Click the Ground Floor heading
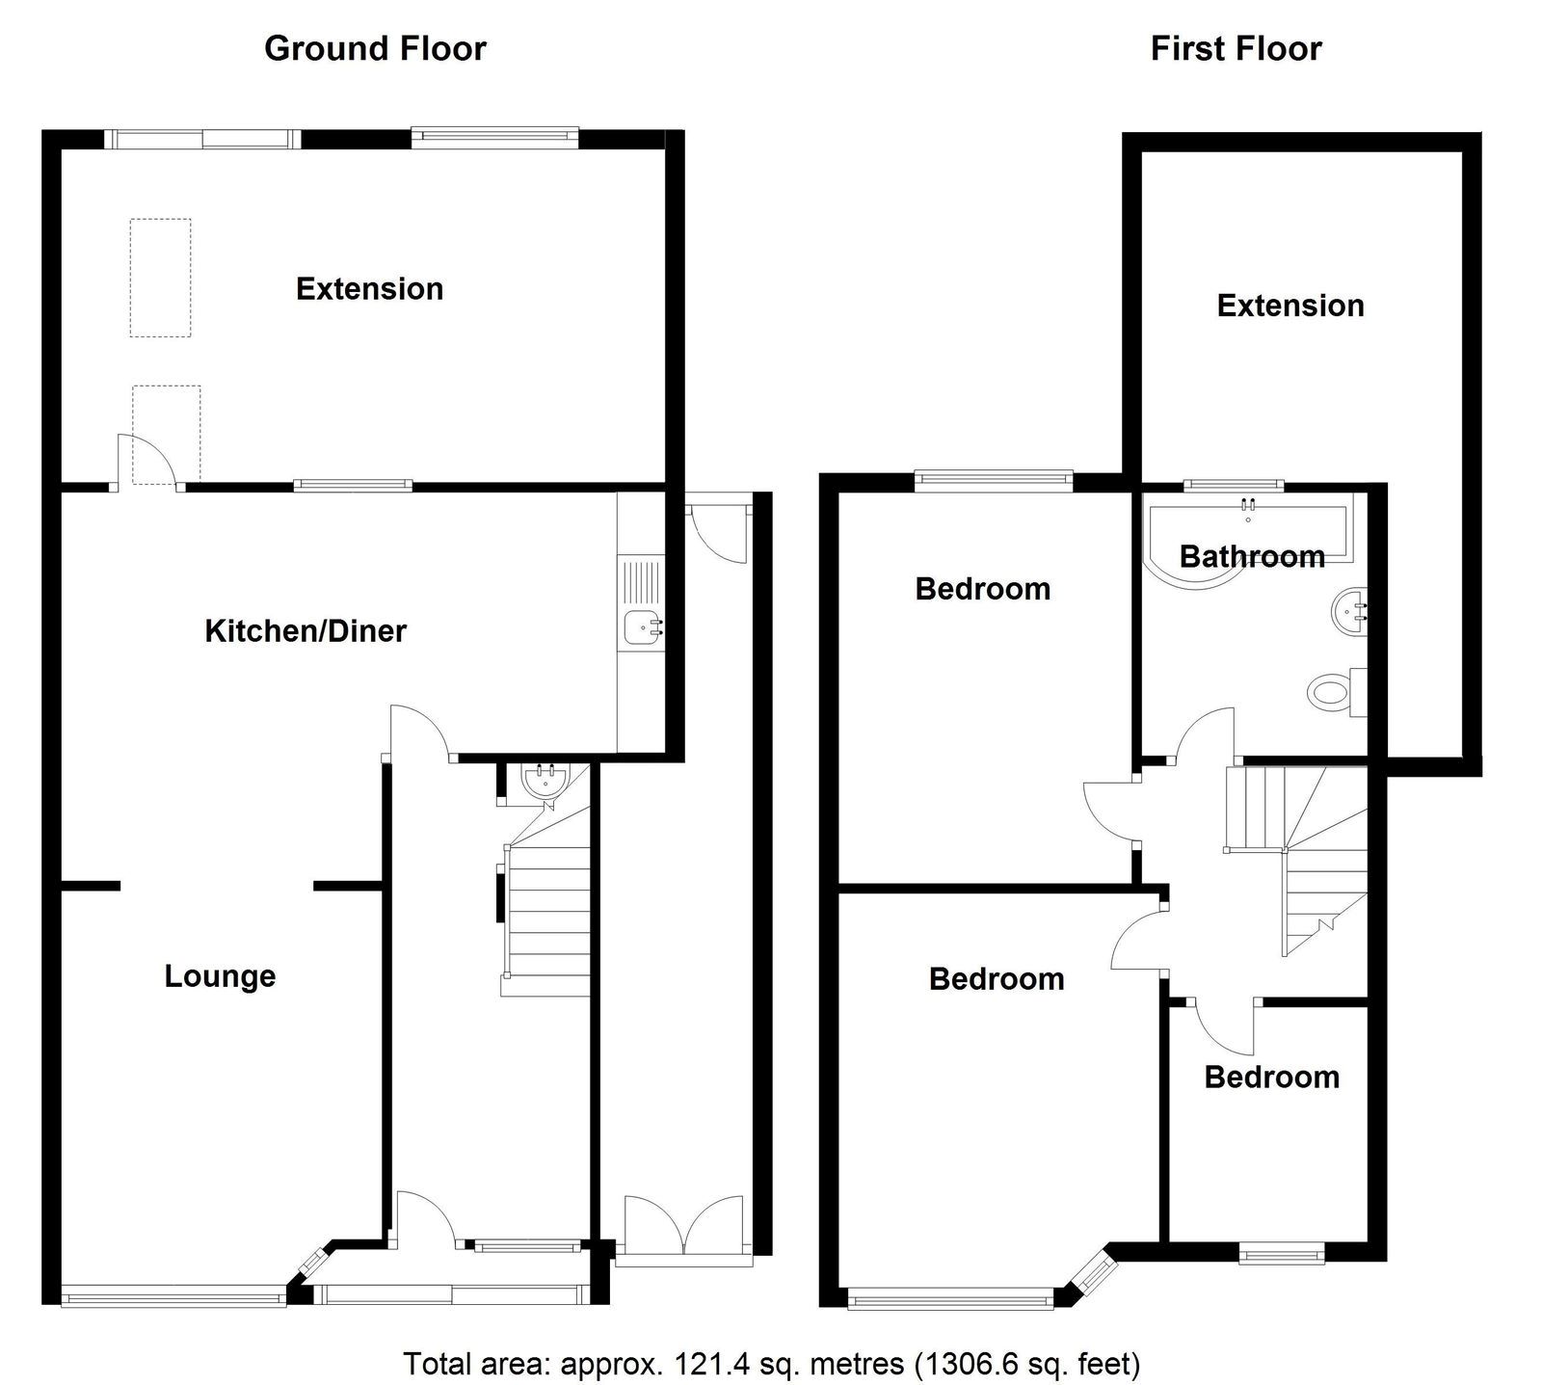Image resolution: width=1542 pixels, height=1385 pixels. point(375,48)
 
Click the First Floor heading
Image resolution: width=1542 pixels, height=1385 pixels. point(1236,48)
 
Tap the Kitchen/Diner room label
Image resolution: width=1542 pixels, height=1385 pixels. point(306,631)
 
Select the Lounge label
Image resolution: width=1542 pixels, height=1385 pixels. point(220,976)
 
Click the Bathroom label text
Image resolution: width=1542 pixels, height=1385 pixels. point(1252,556)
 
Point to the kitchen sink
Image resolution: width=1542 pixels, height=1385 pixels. point(642,626)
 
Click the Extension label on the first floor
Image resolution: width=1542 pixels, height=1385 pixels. point(1290,306)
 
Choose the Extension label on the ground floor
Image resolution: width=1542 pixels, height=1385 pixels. point(369,289)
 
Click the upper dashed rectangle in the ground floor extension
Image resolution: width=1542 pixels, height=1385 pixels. point(160,278)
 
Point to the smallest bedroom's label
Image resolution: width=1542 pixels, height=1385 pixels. point(1271,1077)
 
